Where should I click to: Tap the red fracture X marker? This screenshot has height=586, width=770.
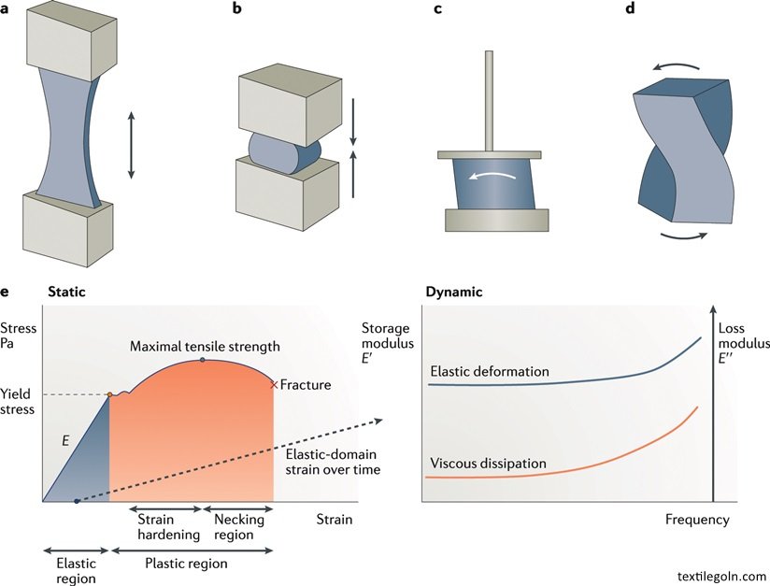pyautogui.click(x=274, y=384)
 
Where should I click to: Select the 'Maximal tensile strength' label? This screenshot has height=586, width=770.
pyautogui.click(x=204, y=347)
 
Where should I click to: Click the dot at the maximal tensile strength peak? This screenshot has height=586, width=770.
pyautogui.click(x=203, y=360)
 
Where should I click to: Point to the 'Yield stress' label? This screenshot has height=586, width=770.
pyautogui.click(x=18, y=401)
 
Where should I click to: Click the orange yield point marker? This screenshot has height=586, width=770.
pyautogui.click(x=109, y=395)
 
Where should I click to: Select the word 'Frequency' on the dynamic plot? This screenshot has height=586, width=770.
pyautogui.click(x=697, y=519)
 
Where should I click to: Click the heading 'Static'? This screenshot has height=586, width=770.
pyautogui.click(x=66, y=292)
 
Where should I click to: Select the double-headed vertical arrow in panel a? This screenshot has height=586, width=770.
pyautogui.click(x=131, y=145)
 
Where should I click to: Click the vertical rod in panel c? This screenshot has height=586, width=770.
pyautogui.click(x=490, y=102)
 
